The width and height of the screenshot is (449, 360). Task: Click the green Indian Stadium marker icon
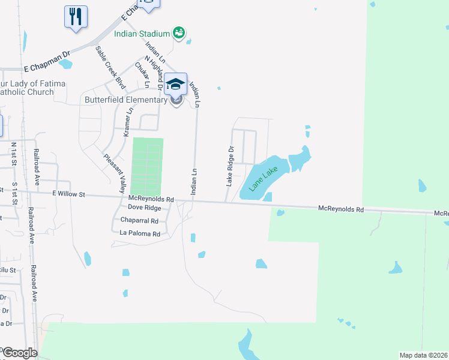178,32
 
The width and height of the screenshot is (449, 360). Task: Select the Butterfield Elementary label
125,100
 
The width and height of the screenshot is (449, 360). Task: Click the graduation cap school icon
176,84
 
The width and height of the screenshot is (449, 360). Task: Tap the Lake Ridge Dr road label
229,165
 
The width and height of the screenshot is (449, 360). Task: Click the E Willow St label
69,194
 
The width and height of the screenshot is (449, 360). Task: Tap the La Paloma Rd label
140,233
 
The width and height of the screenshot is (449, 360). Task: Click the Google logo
19,353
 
